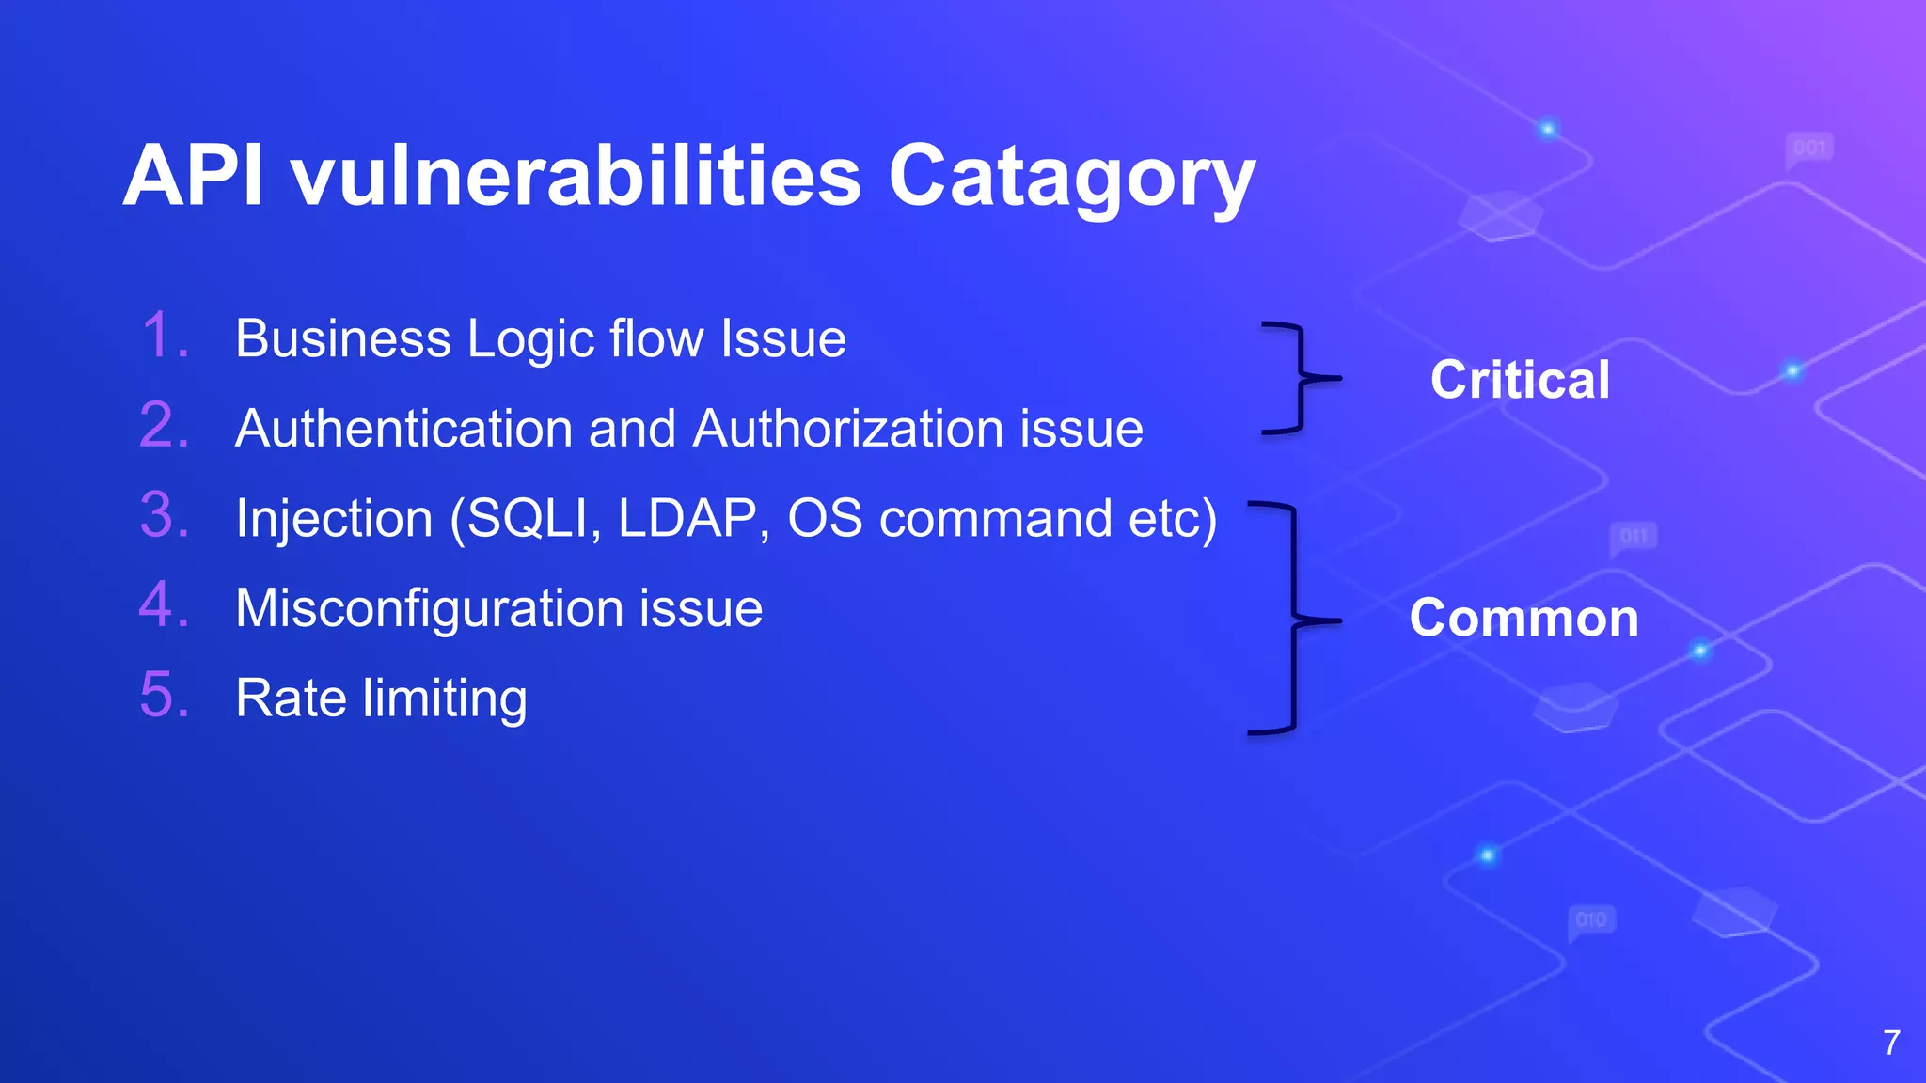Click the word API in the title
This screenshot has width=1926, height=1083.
pos(193,176)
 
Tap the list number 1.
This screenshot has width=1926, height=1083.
pos(166,337)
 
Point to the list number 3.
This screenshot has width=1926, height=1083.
pos(166,516)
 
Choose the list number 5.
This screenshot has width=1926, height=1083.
pos(166,696)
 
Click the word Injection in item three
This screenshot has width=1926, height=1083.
pos(334,519)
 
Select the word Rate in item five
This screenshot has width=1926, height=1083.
pos(291,698)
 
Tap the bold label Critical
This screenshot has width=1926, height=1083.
pos(1520,380)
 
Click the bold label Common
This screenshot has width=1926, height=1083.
pos(1523,619)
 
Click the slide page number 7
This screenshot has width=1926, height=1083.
pos(1891,1043)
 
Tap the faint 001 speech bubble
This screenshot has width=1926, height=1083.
pos(1808,149)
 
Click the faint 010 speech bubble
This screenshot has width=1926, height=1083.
pos(1590,919)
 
